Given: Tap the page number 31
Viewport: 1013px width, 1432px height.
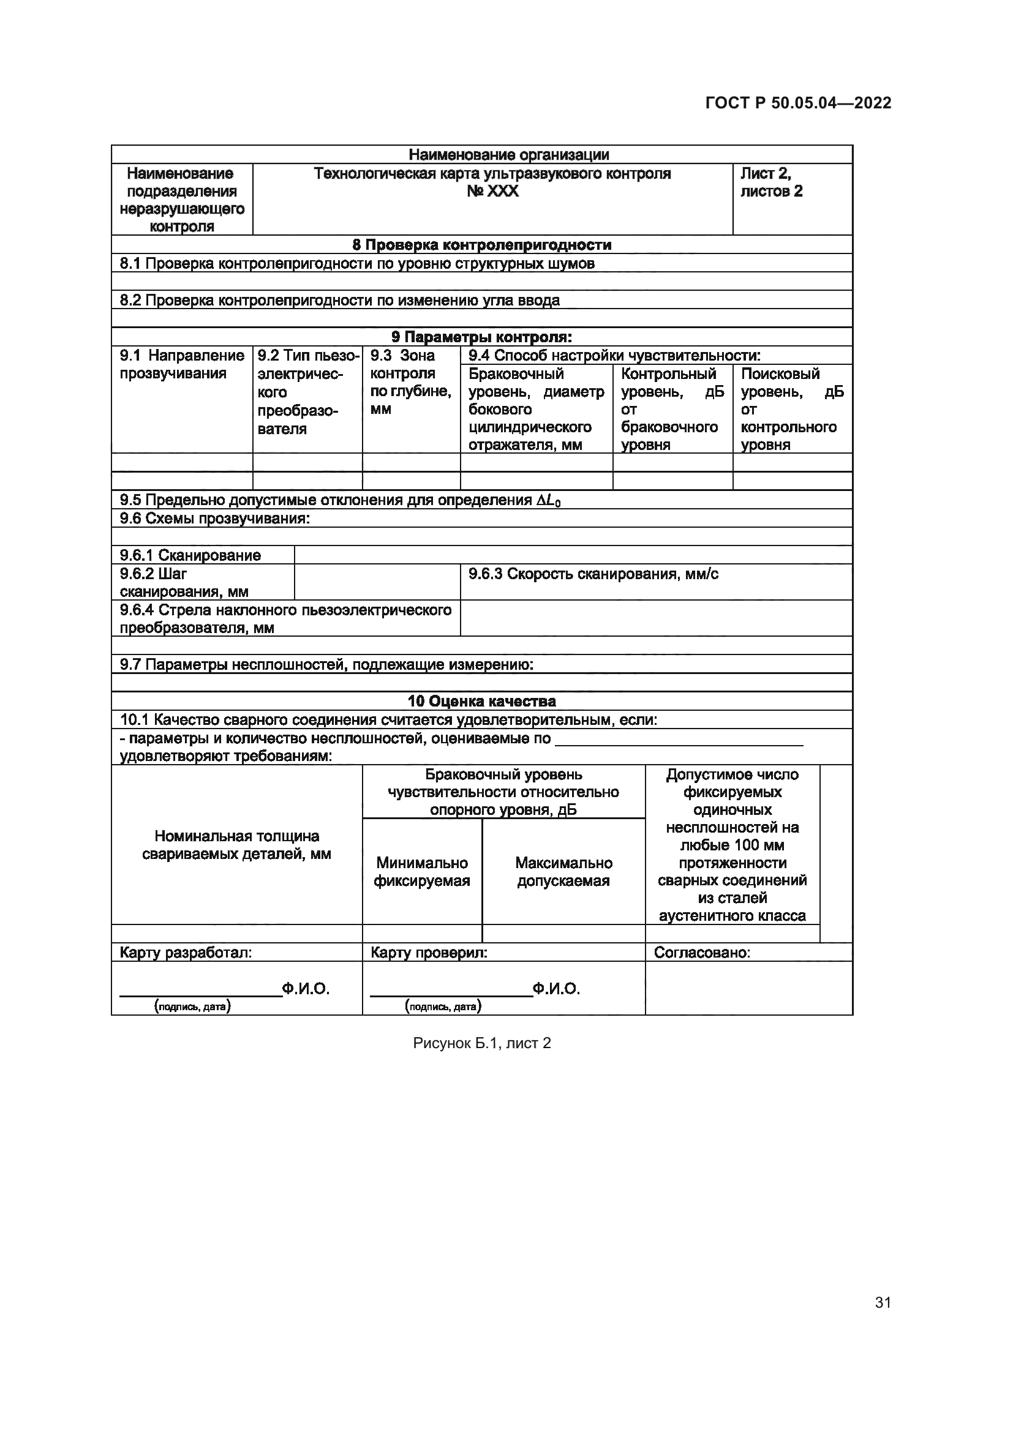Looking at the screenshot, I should click(x=883, y=1302).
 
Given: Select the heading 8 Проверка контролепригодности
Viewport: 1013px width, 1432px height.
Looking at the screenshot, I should click(x=481, y=244).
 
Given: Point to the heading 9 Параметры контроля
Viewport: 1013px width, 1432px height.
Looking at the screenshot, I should click(x=481, y=337).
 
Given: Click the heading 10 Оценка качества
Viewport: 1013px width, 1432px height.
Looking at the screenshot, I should click(x=481, y=702).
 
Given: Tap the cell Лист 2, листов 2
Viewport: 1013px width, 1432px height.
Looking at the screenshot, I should click(x=771, y=182).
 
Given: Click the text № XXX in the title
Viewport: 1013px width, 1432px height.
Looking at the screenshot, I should click(x=492, y=192).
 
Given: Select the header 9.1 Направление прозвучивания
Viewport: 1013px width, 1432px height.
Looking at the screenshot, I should click(x=181, y=365).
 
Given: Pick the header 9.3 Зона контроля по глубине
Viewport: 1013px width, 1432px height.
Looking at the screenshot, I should click(x=410, y=381).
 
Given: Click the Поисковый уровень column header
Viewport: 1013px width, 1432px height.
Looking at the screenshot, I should click(x=791, y=409).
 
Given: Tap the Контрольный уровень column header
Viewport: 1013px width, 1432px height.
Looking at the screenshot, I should click(x=672, y=409).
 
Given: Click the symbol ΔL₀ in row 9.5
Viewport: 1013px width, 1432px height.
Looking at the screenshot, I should click(x=548, y=501).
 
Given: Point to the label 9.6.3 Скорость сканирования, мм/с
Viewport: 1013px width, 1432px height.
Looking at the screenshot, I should click(x=593, y=574).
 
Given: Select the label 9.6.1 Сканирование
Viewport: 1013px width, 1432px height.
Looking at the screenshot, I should click(x=190, y=555).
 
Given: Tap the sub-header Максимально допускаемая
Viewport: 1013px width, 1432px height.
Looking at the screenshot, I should click(x=563, y=872).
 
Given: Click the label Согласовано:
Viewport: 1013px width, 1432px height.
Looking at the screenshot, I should click(x=702, y=953).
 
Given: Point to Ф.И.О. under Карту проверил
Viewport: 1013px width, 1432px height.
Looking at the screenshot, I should click(x=556, y=989).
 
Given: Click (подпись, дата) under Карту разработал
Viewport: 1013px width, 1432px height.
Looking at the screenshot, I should click(x=193, y=1006).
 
